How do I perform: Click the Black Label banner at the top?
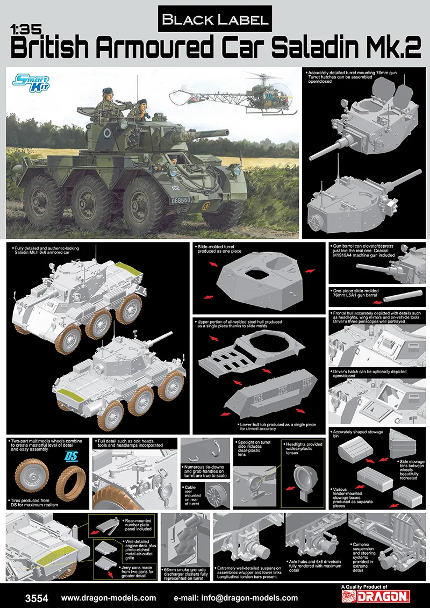click(x=215, y=19)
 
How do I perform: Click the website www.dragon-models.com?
click(x=109, y=598)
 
